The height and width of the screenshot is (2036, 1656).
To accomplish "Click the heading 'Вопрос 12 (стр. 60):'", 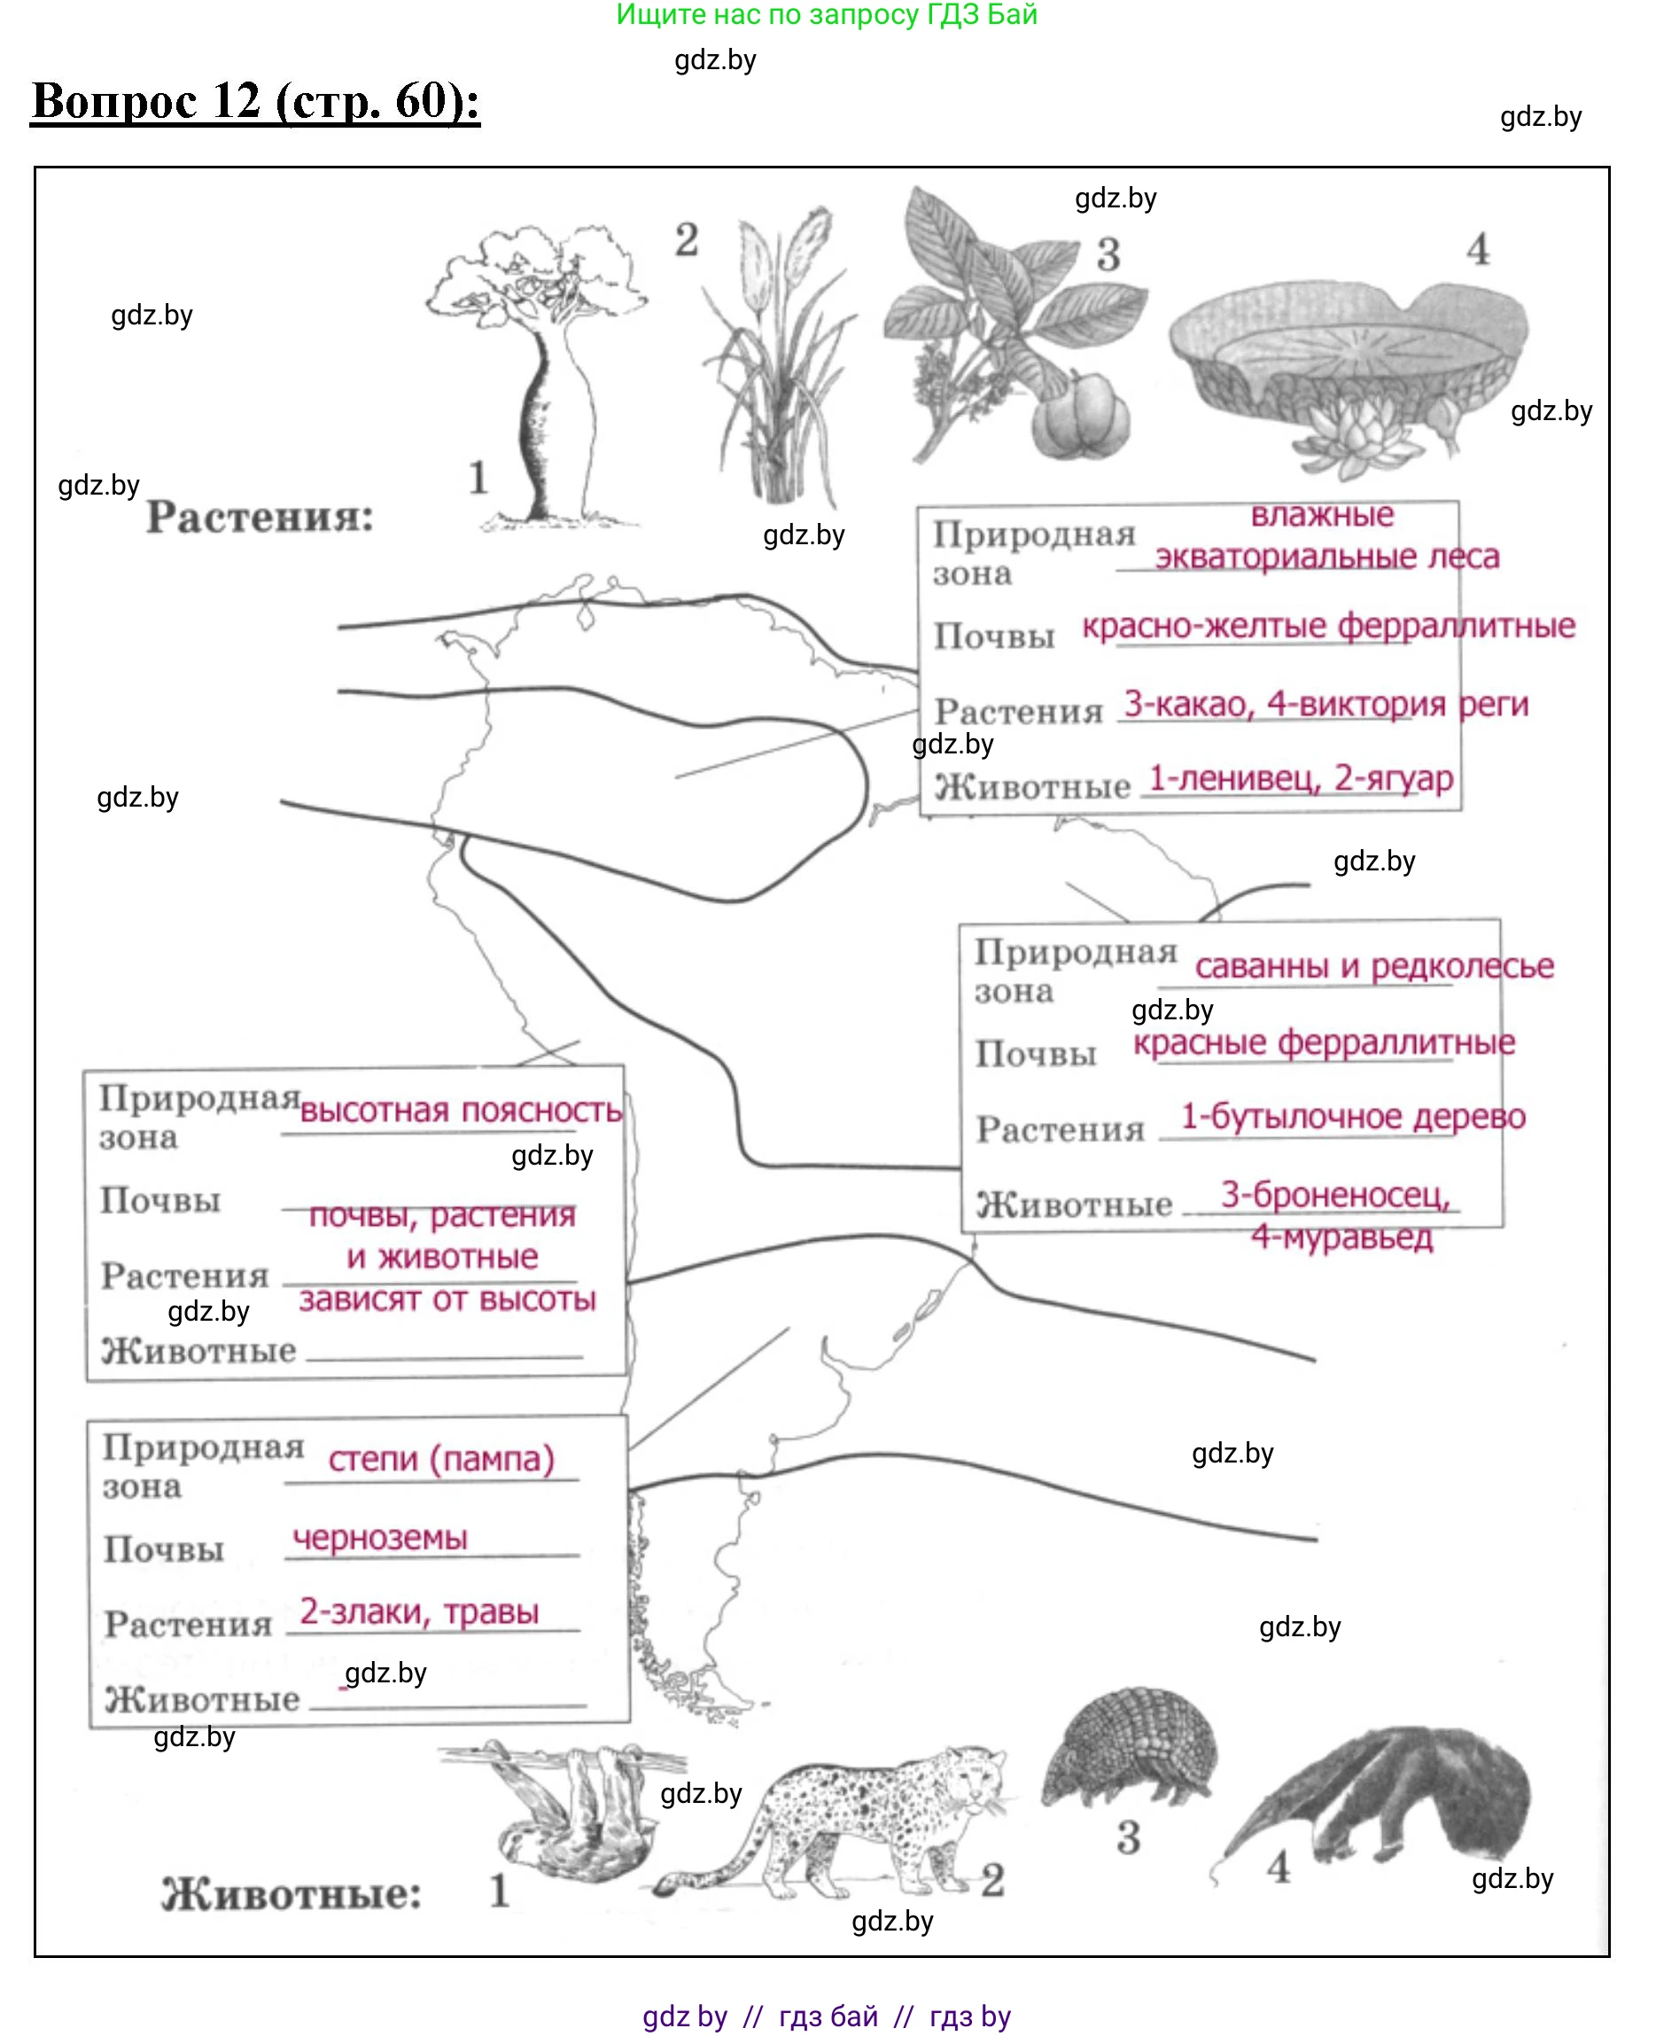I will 256,101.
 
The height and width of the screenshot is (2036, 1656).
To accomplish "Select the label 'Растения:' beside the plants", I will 260,517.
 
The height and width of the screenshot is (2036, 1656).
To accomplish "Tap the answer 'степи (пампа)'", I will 440,1459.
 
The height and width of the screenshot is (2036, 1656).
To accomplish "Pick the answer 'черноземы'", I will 379,1537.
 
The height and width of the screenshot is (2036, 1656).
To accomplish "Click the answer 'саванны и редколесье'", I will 1373,965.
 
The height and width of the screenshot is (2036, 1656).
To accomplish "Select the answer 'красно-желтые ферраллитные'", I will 1328,626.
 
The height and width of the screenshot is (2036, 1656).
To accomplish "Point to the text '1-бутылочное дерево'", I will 1353,1116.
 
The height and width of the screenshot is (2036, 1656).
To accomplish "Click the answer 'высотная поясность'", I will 461,1111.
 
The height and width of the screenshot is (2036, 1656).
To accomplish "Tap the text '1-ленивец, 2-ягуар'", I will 1300,778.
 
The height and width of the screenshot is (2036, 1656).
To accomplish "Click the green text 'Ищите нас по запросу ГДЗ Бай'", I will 826,15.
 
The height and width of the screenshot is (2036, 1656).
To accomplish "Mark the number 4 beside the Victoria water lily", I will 1478,250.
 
